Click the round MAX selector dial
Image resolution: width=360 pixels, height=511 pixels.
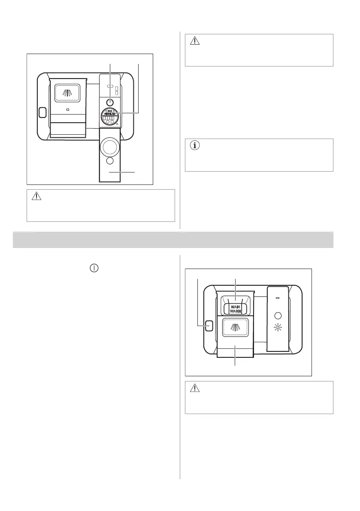click(110, 117)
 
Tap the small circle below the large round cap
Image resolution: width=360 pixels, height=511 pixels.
click(110, 161)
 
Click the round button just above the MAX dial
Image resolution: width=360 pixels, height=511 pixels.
click(110, 103)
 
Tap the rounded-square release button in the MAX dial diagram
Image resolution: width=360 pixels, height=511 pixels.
click(42, 112)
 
